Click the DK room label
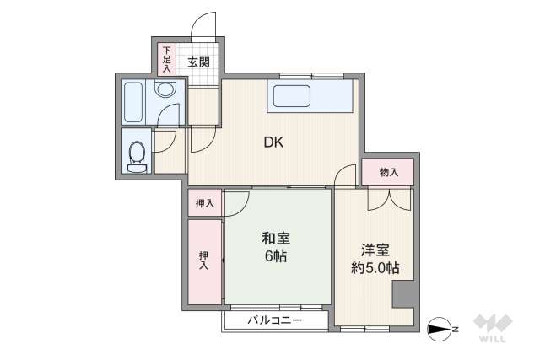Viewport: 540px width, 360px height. click(273, 142)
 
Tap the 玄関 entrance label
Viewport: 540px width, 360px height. click(198, 62)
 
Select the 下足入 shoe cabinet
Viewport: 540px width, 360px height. click(167, 59)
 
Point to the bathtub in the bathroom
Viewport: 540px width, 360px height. click(133, 102)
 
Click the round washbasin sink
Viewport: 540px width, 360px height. click(165, 89)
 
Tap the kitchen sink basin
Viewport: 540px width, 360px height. click(292, 96)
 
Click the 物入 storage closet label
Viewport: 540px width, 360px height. click(389, 172)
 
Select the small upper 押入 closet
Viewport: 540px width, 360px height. click(205, 203)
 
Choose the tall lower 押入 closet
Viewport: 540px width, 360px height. click(204, 261)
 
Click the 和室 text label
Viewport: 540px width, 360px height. click(276, 238)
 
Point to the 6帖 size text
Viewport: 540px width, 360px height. click(276, 256)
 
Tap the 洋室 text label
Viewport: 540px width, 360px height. click(375, 250)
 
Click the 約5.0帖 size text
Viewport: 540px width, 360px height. click(375, 267)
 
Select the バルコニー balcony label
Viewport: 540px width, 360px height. click(275, 320)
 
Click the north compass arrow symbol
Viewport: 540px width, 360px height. click(439, 330)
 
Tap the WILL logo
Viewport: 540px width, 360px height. click(493, 328)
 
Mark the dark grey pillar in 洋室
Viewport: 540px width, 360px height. click(403, 293)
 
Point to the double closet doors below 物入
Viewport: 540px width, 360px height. click(390, 199)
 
